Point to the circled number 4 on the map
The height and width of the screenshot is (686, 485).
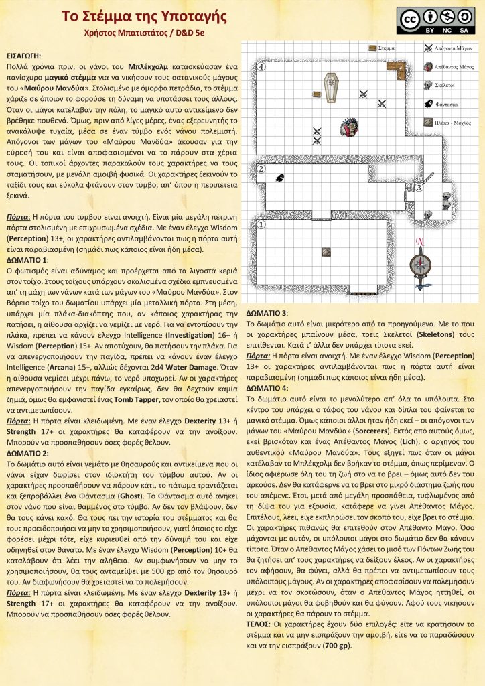(262, 67)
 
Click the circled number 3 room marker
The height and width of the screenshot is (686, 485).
(419, 188)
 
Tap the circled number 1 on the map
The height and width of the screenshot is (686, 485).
(262, 225)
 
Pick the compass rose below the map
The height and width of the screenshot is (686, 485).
(421, 262)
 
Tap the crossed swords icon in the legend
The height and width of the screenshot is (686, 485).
(428, 48)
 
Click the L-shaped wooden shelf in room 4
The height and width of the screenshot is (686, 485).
(398, 68)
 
